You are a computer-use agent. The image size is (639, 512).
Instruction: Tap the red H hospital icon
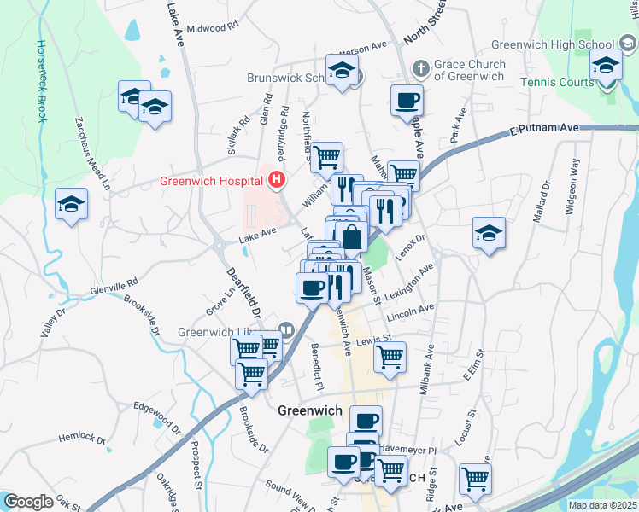[x=277, y=179]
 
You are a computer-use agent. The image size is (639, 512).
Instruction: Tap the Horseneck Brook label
[x=40, y=81]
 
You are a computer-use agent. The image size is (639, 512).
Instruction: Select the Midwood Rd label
[x=205, y=28]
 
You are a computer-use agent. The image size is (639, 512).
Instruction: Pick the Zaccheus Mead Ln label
[x=93, y=153]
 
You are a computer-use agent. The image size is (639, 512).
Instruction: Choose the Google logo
[x=28, y=502]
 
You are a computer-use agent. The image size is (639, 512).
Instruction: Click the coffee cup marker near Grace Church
[x=407, y=101]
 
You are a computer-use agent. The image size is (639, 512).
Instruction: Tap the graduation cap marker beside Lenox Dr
[x=489, y=233]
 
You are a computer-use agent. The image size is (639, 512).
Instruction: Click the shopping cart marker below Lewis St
[x=390, y=358]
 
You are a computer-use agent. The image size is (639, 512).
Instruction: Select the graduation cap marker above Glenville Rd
[x=72, y=204]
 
